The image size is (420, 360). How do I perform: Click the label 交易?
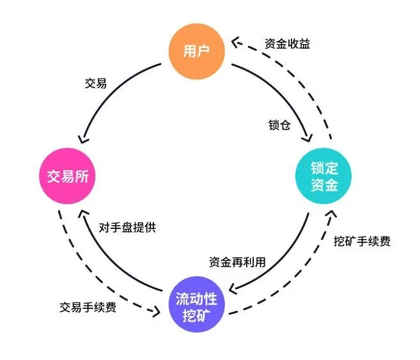pos(95,84)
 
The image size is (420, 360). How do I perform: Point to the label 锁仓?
pos(279,124)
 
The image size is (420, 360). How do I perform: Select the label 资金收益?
pos(288,44)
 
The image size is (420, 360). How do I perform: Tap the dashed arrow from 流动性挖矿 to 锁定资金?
pos(300,281)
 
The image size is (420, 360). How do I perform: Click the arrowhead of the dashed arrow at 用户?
pos(235,42)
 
